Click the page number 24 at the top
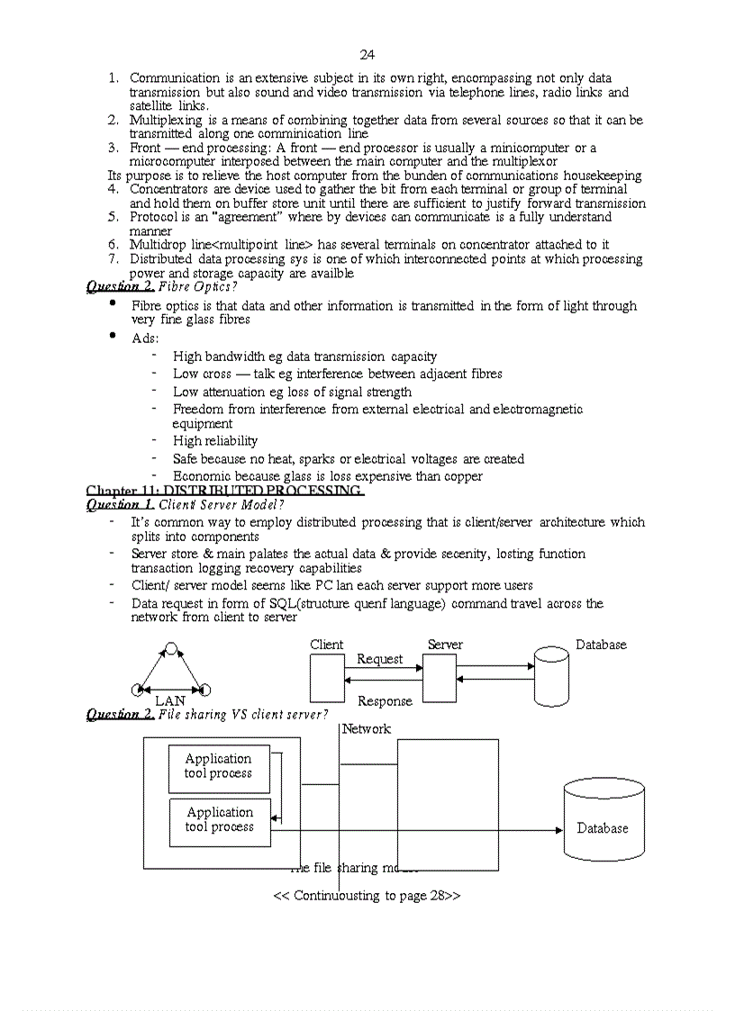[367, 55]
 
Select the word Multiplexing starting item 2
[159, 120]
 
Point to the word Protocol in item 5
[154, 217]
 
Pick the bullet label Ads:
[145, 338]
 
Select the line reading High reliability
[215, 441]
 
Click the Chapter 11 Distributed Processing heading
[225, 491]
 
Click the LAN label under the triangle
[170, 700]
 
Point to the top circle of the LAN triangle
[171, 647]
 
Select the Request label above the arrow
[379, 659]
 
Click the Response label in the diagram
[385, 701]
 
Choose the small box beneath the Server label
[440, 678]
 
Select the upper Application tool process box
[219, 769]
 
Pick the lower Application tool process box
[220, 822]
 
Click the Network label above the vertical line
[367, 728]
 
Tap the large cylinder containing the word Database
[603, 822]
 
